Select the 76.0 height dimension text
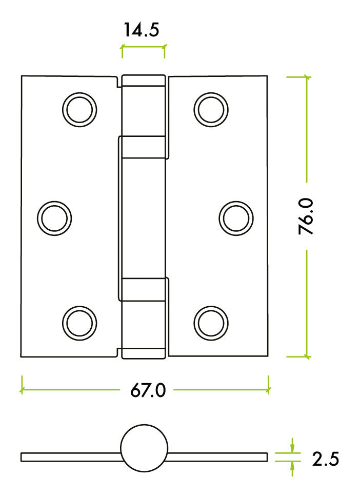pyautogui.click(x=307, y=216)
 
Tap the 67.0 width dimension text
pyautogui.click(x=147, y=390)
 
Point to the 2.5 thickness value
pyautogui.click(x=326, y=459)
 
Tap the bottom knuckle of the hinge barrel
pyautogui.click(x=144, y=318)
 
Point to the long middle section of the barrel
pyautogui.click(x=144, y=218)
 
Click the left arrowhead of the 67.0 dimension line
pyautogui.click(x=23, y=390)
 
